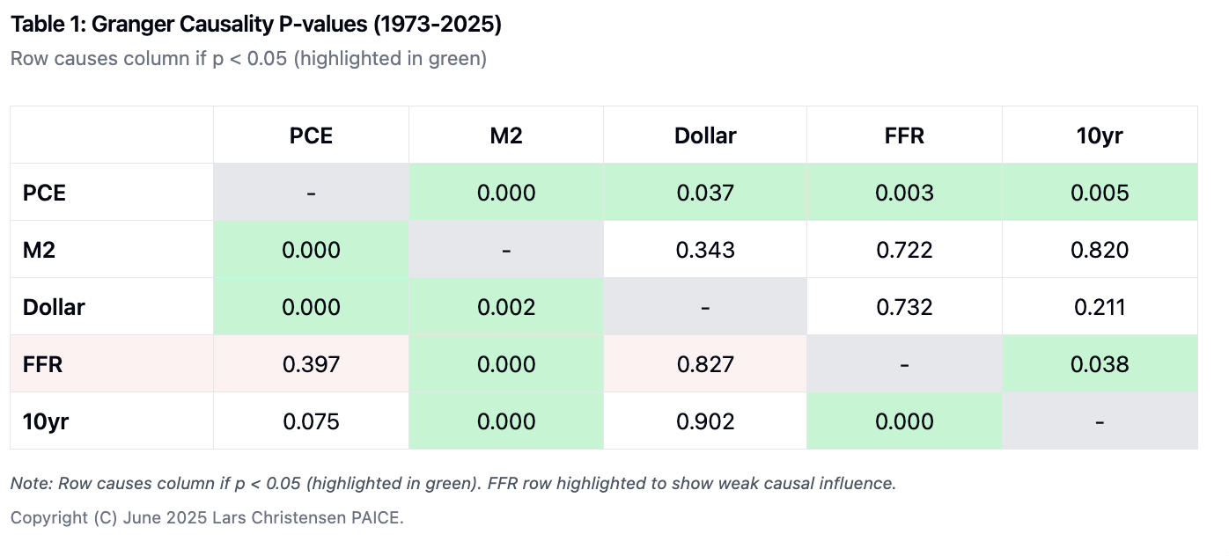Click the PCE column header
point(311,135)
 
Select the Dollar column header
point(705,135)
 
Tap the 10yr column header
point(1100,135)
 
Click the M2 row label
point(39,250)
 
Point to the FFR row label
point(43,364)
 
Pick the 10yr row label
point(46,421)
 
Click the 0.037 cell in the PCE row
point(705,193)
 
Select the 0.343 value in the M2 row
point(705,250)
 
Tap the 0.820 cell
point(1100,250)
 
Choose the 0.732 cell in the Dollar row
point(904,307)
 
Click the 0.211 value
point(1100,307)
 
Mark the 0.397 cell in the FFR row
point(311,364)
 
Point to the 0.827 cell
point(705,364)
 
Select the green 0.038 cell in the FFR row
point(1100,364)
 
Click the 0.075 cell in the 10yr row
point(311,421)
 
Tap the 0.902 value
point(705,421)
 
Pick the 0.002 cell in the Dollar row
point(506,307)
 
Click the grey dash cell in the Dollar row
point(705,307)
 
